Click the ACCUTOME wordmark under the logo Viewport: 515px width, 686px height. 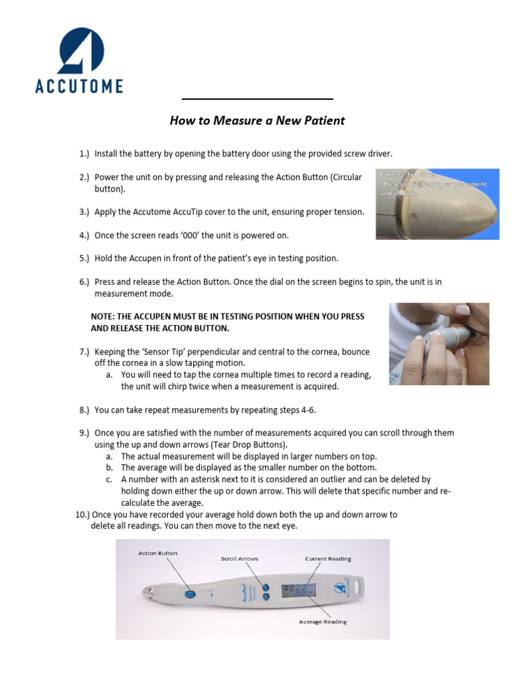tap(79, 86)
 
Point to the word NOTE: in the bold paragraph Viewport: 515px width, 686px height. tap(105, 316)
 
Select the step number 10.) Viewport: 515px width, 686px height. tap(82, 514)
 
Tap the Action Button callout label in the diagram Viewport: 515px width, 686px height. tap(158, 553)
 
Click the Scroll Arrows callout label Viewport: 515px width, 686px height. tap(239, 558)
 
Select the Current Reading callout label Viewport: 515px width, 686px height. tap(327, 558)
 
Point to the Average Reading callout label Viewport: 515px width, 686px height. tap(323, 622)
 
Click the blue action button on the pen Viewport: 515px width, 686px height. tap(190, 594)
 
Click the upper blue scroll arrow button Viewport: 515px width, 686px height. tap(266, 586)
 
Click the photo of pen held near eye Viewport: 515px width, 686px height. tap(439, 344)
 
